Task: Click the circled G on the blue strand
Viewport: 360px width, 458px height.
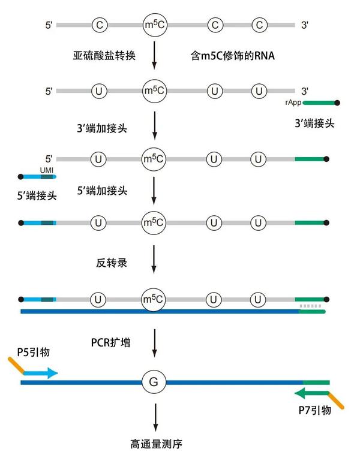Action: pyautogui.click(x=154, y=382)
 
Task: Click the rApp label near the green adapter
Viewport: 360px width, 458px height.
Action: pyautogui.click(x=293, y=103)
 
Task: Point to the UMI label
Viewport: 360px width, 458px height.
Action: pyautogui.click(x=47, y=170)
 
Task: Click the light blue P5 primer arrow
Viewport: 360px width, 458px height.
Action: pyautogui.click(x=41, y=373)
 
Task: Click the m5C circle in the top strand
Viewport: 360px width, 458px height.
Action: pyautogui.click(x=154, y=25)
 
